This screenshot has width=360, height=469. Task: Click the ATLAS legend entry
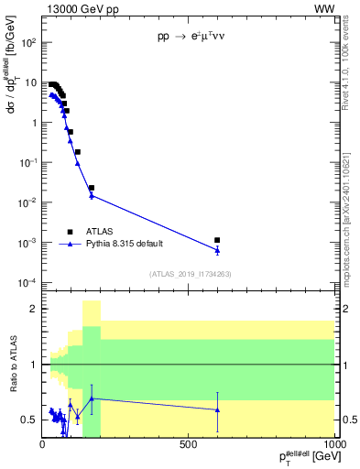tap(99, 232)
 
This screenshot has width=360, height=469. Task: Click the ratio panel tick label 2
tap(33, 309)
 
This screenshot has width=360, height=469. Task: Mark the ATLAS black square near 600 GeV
tap(217, 240)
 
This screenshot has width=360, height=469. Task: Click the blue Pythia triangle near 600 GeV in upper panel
tap(217, 249)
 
